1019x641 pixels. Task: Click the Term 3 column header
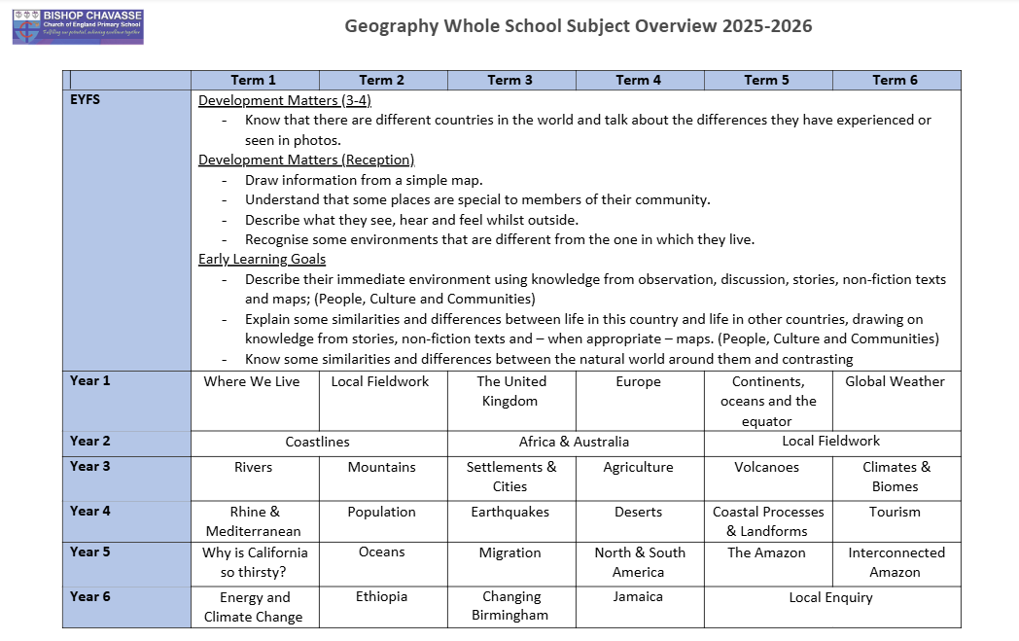coord(509,80)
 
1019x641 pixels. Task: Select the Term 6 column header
coord(895,80)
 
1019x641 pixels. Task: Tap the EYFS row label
coord(86,99)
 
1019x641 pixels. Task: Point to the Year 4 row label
coord(90,511)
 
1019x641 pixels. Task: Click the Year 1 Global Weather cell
coord(895,382)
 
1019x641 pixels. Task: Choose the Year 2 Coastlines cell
coord(318,442)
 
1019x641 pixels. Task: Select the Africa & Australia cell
coord(574,442)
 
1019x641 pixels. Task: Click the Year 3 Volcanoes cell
coord(766,467)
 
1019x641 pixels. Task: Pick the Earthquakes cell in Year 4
coord(509,512)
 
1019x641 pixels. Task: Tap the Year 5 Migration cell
coord(509,552)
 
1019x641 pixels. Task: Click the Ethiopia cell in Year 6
coord(381,597)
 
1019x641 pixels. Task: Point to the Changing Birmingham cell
coord(509,606)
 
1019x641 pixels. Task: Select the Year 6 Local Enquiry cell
coord(830,597)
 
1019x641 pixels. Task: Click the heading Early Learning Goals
coord(262,259)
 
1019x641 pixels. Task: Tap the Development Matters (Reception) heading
coord(306,160)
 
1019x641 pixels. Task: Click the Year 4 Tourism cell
coord(895,512)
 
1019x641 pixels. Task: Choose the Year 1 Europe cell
coord(638,382)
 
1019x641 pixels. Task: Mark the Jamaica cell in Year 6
coord(638,597)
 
